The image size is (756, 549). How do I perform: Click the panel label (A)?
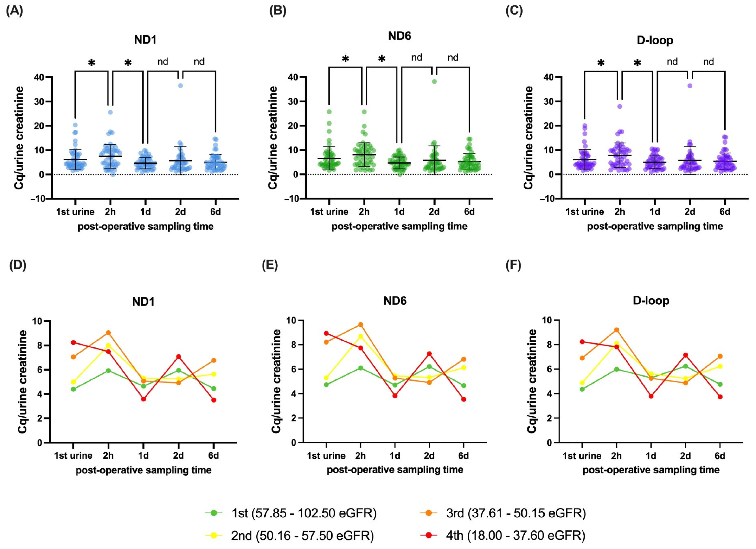15,11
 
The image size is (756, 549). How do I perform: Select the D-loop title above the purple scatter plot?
655,40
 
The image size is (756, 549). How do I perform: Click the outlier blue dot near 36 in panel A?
180,86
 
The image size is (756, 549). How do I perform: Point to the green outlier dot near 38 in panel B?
434,82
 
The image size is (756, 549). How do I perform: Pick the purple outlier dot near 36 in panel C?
690,86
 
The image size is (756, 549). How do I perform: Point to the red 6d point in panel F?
720,397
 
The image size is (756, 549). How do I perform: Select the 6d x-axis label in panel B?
469,212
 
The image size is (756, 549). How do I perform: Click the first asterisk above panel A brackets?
92,62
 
